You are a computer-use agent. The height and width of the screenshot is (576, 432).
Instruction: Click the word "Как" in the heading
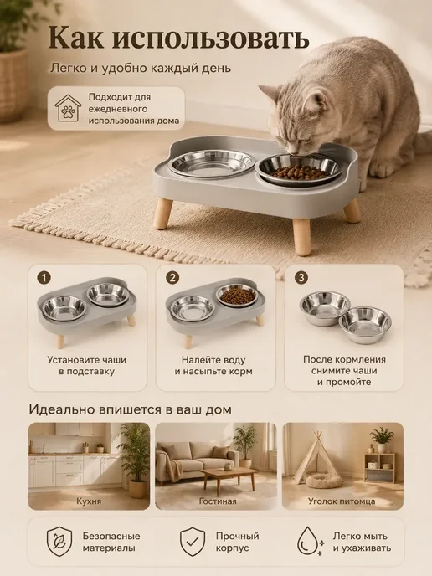coord(76,38)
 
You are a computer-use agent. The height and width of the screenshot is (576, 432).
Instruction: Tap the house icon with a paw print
coord(69,108)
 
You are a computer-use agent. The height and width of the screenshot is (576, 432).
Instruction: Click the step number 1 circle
coord(44,278)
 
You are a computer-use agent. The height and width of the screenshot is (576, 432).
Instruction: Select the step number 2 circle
coord(172,278)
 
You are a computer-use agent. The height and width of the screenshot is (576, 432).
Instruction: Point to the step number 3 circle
coord(301,278)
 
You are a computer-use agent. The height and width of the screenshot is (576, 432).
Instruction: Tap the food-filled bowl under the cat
coord(298,170)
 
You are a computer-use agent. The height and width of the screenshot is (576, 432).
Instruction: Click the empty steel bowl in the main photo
coord(211,163)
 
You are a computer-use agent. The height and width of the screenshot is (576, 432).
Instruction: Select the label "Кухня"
coord(89,501)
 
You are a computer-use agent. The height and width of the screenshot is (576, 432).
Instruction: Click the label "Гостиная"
coord(218,501)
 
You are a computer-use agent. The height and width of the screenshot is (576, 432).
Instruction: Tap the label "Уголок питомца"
coord(342,501)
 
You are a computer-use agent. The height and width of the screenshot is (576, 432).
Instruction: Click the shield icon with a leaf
coord(59,542)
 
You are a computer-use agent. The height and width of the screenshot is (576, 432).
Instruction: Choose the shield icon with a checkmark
coord(193,542)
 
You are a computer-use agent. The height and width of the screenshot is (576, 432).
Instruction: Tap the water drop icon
coord(310,542)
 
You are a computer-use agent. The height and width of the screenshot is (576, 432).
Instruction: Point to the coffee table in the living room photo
coord(229,478)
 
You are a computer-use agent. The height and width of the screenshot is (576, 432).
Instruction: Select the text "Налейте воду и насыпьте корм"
coord(213,366)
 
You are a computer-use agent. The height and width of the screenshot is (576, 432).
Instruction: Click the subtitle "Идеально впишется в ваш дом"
coord(131,409)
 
